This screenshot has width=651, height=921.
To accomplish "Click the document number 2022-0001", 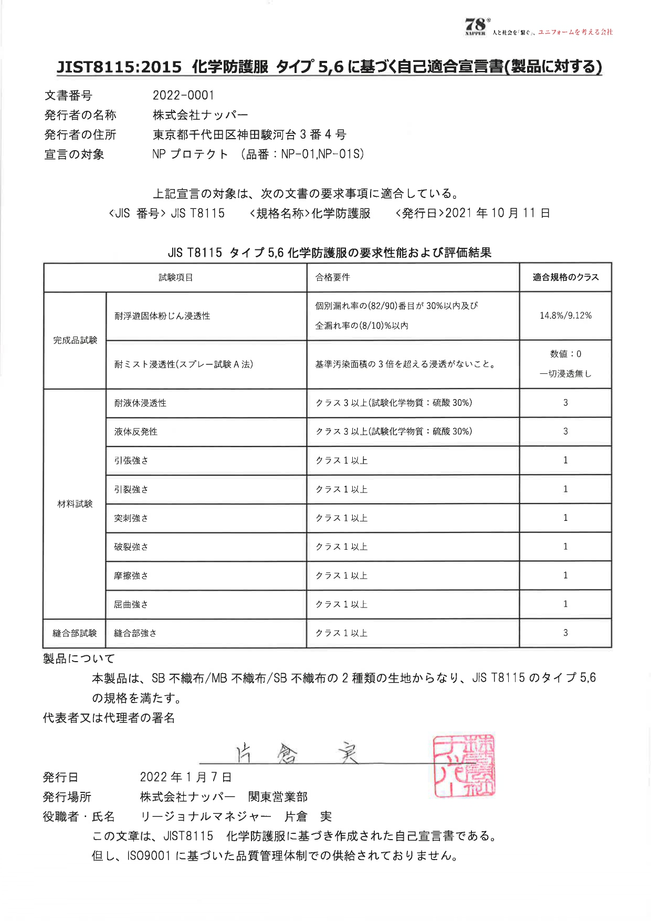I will point(183,96).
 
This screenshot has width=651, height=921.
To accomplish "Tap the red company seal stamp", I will point(464,766).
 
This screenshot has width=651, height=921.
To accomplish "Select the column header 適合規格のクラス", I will point(565,277).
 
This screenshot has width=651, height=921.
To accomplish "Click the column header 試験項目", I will point(175,277).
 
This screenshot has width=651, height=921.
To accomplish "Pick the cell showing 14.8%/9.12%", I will point(565,316).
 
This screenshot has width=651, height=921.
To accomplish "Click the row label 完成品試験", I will point(75,340).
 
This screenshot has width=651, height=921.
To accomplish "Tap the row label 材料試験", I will point(75,504).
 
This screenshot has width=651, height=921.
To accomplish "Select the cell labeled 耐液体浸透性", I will point(140,403).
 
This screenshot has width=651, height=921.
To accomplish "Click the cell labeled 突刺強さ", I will point(131,518).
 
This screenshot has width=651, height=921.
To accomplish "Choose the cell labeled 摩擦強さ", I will point(131,576).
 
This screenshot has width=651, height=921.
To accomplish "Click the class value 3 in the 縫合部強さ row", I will point(565,633).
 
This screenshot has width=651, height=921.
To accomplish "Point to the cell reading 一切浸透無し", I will point(565,374).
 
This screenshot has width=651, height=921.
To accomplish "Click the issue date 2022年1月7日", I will point(186,777).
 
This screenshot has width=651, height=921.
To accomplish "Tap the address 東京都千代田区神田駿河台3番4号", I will point(249,135).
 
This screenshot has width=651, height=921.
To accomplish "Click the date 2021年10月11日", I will point(497,213).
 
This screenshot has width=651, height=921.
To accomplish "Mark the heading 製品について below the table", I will point(79,658).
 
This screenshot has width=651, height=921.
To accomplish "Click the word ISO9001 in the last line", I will point(149,856).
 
